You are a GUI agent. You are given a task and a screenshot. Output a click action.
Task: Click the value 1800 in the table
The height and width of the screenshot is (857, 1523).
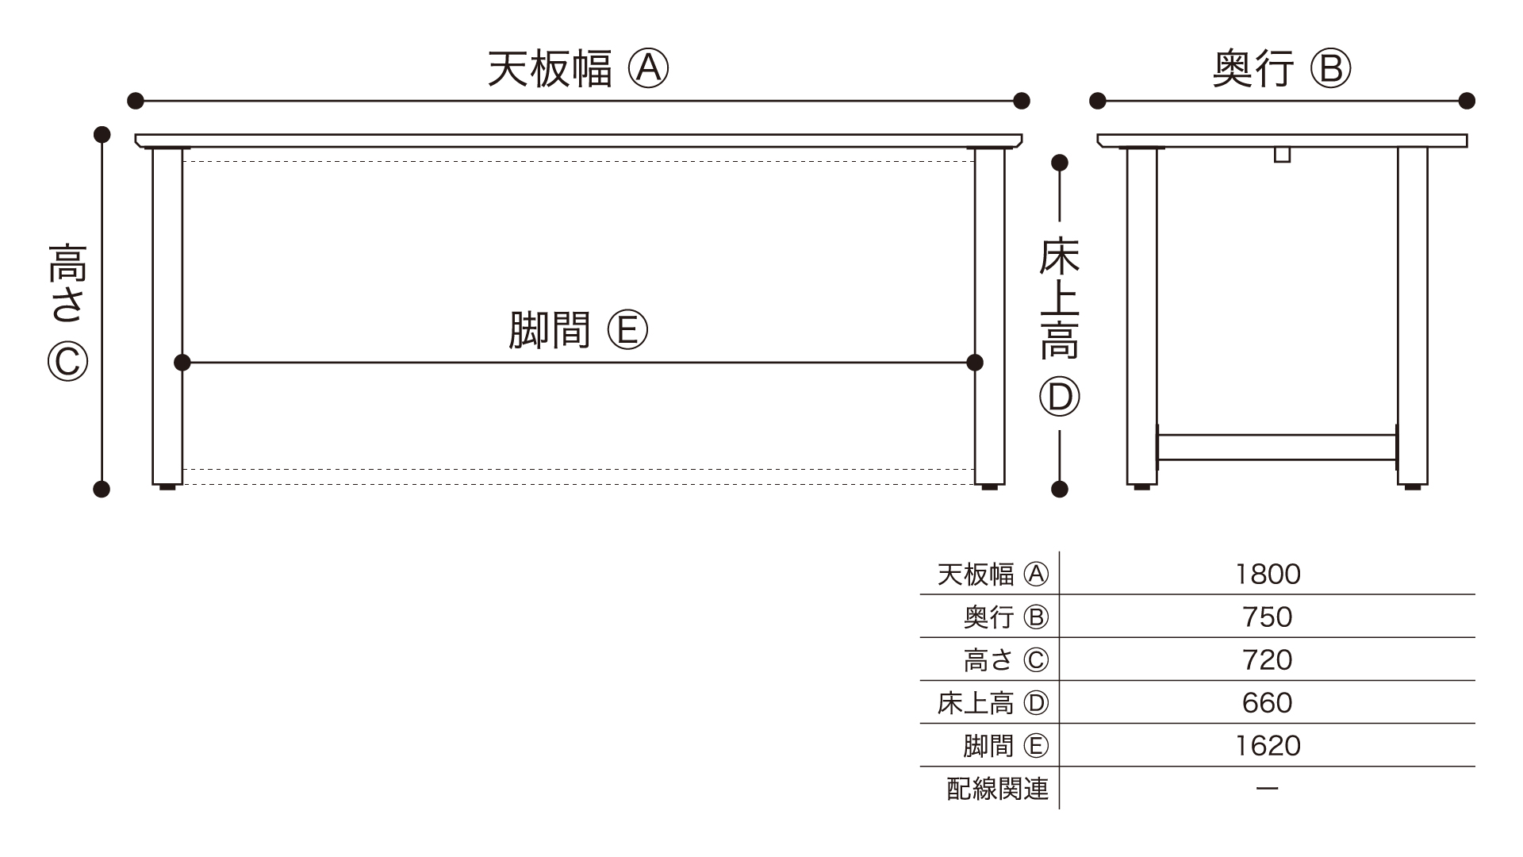point(1268,574)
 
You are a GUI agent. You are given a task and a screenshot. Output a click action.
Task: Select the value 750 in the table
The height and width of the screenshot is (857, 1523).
point(1268,617)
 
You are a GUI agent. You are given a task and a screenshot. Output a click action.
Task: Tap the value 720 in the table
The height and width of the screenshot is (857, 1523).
point(1268,659)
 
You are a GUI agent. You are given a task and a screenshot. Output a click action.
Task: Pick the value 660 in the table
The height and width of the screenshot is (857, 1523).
point(1268,702)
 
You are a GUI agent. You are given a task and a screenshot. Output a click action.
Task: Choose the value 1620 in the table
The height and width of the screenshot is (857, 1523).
point(1268,745)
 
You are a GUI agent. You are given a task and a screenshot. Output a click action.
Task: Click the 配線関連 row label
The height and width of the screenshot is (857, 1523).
point(997,789)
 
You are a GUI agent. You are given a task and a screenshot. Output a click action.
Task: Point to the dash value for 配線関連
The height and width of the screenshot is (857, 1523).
point(1268,789)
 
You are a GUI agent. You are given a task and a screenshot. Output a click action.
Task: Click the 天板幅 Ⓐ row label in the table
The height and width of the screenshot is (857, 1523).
point(992,574)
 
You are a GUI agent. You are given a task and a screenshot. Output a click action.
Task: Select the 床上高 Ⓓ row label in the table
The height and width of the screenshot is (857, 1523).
point(992,702)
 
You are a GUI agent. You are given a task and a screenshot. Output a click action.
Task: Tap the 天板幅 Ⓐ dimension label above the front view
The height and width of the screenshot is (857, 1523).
point(577,68)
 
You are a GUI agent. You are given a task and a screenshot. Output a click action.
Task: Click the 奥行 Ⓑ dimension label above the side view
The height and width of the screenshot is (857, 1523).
point(1281,68)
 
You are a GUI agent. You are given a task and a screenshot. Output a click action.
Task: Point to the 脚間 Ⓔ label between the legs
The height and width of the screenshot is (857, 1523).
point(577,330)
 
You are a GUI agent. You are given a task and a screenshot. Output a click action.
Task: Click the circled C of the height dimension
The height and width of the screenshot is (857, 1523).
point(67,362)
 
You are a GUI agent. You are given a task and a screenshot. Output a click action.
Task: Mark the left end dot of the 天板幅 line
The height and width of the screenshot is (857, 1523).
point(136,101)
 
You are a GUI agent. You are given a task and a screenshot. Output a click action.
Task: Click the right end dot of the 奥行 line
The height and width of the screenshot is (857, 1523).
point(1467,101)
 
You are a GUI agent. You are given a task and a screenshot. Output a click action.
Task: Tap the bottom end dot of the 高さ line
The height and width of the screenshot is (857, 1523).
point(102,489)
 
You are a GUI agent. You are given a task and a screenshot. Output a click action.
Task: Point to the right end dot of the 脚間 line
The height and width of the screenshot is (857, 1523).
point(975,363)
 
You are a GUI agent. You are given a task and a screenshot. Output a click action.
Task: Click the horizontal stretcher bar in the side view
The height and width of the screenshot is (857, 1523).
point(1276,447)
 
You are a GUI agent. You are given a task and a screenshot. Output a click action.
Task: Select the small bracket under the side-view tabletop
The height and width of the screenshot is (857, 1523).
point(1282,154)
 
